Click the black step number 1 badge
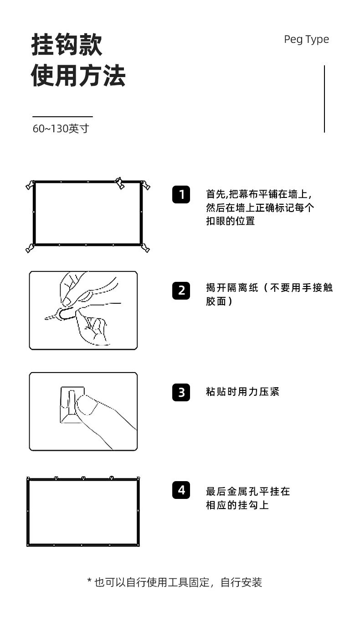[x=181, y=194]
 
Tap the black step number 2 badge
[x=181, y=291]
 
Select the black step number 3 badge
[x=181, y=392]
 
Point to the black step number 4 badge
[x=181, y=490]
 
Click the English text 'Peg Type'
[x=306, y=40]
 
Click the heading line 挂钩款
[x=67, y=44]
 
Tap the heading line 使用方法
[x=78, y=75]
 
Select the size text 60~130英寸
[x=61, y=129]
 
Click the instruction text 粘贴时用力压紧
[x=242, y=392]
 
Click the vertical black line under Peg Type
[x=324, y=99]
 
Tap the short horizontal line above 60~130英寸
[x=62, y=116]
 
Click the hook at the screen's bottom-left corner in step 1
[x=30, y=248]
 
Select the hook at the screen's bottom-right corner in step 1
[x=145, y=248]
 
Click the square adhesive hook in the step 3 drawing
[x=72, y=405]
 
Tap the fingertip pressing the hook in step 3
[x=86, y=404]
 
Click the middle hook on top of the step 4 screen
[x=83, y=478]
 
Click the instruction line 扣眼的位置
[x=231, y=221]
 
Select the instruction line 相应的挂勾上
[x=237, y=505]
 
